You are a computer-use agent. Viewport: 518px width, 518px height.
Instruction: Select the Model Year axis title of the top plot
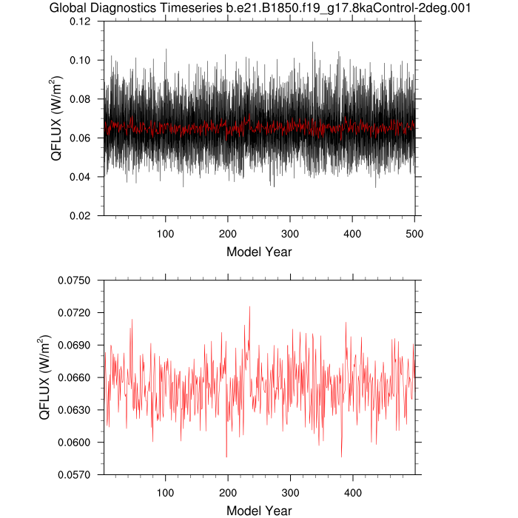pyautogui.click(x=259, y=252)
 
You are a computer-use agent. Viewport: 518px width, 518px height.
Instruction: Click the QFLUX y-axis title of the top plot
pyautogui.click(x=55, y=118)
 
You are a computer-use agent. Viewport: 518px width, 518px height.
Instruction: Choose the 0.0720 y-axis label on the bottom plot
pyautogui.click(x=78, y=312)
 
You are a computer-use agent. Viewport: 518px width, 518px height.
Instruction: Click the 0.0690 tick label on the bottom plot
pyautogui.click(x=78, y=345)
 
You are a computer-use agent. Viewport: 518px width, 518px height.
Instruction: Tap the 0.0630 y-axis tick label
pyautogui.click(x=78, y=410)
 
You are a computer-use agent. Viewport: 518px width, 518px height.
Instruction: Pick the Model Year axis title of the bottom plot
pyautogui.click(x=259, y=511)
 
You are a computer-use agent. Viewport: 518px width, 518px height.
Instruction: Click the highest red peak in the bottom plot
pyautogui.click(x=249, y=307)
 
